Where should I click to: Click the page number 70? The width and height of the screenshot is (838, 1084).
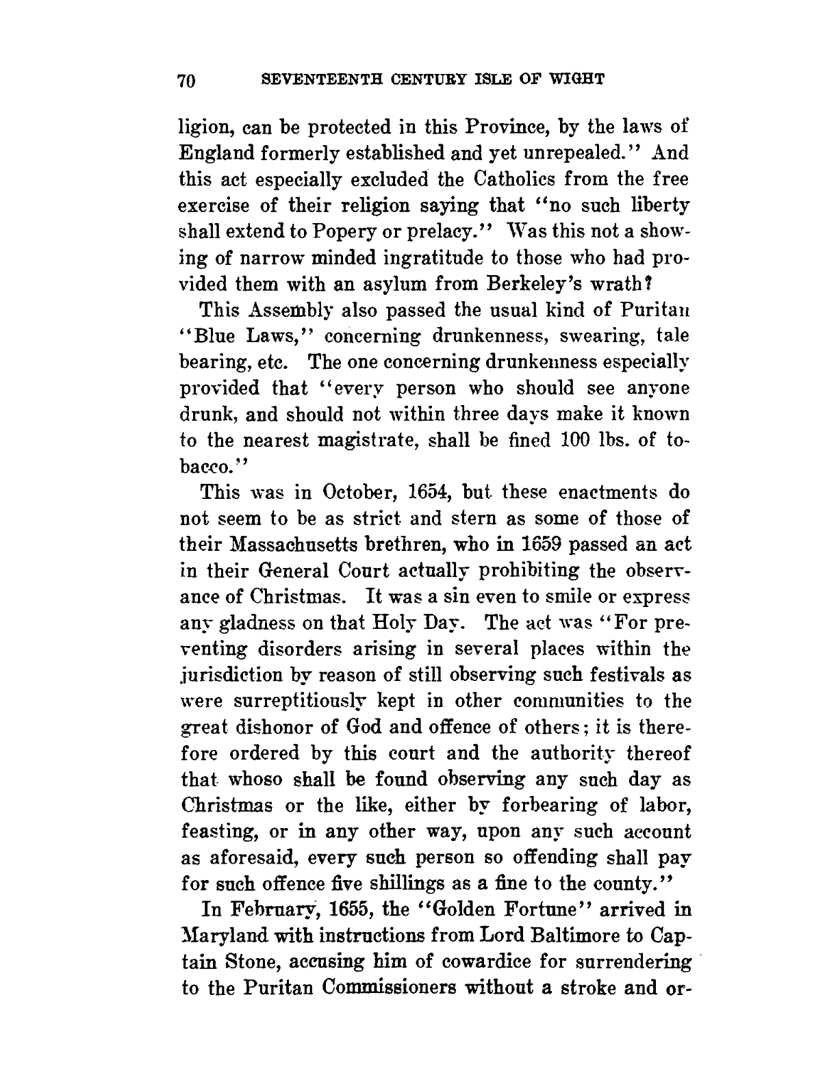click(187, 80)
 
